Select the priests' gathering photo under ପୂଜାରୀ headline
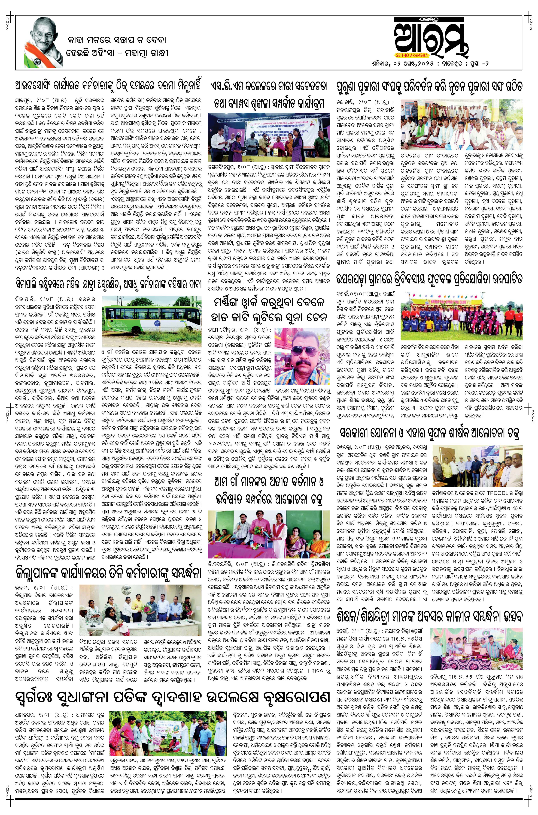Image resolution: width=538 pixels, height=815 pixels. click(461, 124)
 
